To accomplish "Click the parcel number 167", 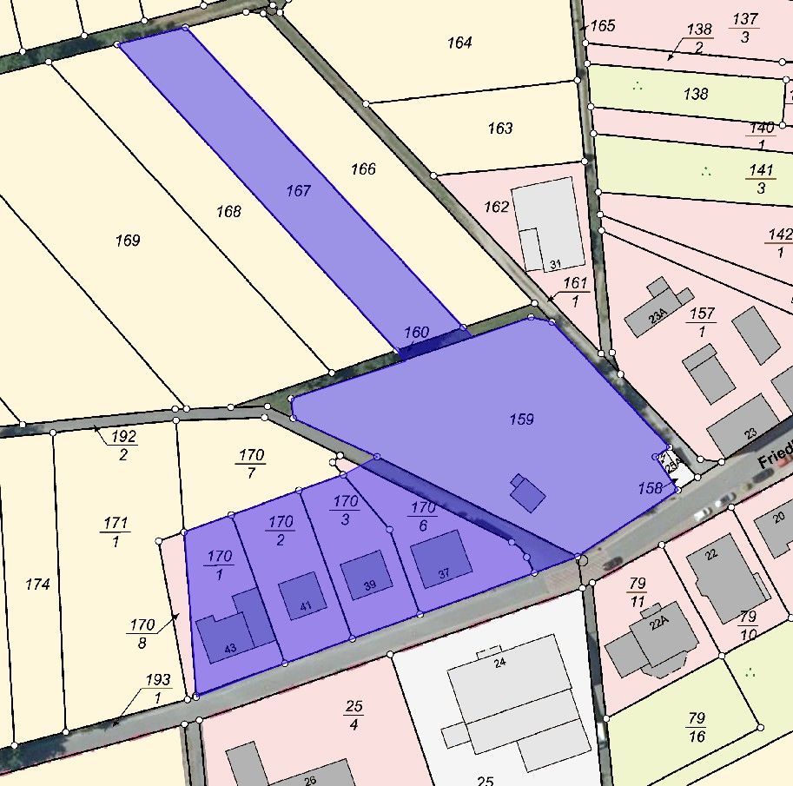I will (x=298, y=190).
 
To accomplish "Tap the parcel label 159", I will (x=521, y=419).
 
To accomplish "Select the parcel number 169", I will (x=127, y=240).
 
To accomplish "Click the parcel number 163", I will (x=499, y=129).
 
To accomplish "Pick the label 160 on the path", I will (x=417, y=333).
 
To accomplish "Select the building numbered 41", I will (x=302, y=596).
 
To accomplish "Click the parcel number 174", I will (x=37, y=585).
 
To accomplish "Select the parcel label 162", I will (x=496, y=207).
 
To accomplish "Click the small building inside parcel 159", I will (x=526, y=493).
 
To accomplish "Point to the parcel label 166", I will (x=363, y=168).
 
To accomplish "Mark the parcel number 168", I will (x=228, y=211).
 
